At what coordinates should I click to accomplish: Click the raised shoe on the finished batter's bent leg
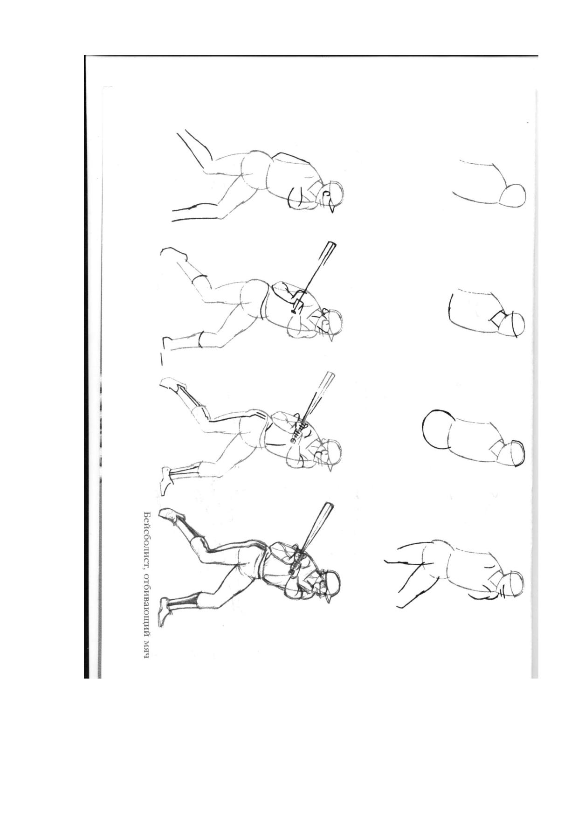(x=172, y=516)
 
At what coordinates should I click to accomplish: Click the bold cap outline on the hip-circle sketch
(x=516, y=453)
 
